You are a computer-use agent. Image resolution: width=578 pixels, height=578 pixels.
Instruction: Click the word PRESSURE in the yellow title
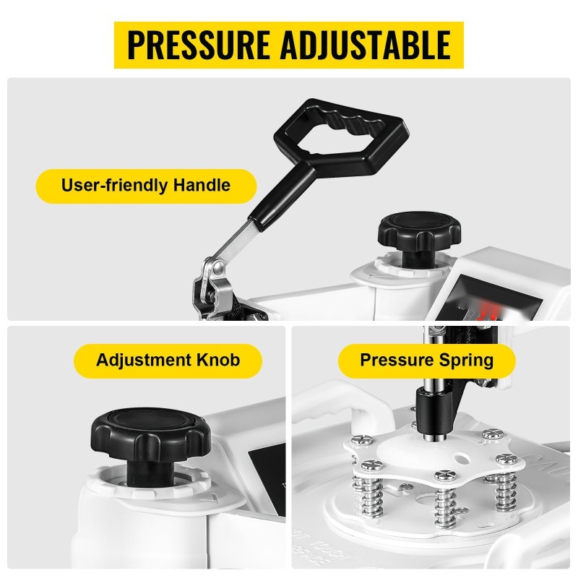point(198,45)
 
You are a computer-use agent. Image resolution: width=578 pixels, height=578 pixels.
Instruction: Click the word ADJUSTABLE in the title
point(366,45)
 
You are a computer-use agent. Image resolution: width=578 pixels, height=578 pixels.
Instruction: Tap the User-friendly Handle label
point(146,186)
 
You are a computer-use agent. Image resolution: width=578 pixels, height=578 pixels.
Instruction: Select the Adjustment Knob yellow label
point(168,361)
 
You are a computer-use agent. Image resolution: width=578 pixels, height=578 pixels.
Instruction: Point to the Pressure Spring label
point(426,361)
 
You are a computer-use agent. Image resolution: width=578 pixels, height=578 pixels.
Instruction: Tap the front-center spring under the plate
point(445,504)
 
